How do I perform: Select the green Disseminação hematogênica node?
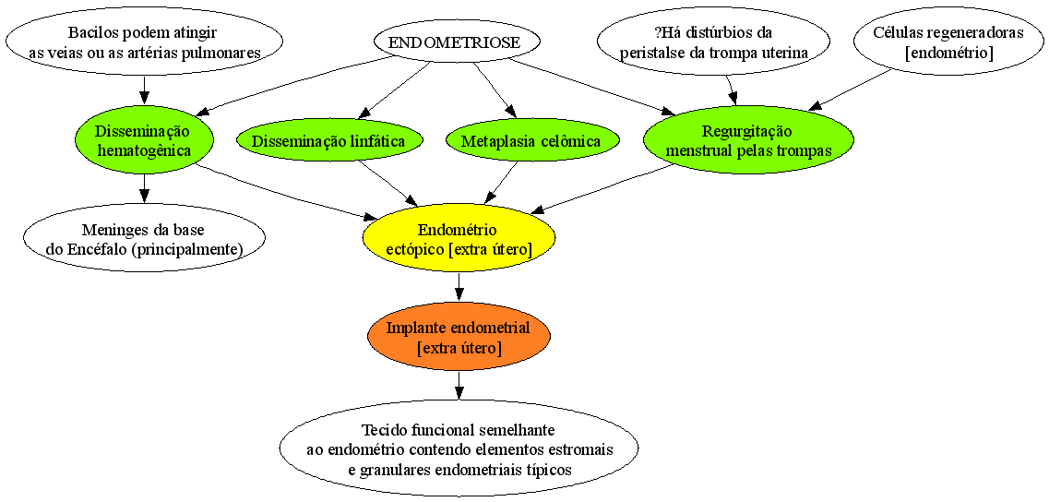[x=144, y=140]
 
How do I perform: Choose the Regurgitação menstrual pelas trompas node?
[x=748, y=140]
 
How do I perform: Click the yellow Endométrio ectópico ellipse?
[x=459, y=240]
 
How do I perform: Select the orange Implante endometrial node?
[x=459, y=338]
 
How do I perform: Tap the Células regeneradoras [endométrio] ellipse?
[x=948, y=43]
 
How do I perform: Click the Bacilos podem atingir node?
[x=144, y=42]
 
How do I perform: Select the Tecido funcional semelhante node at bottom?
[x=459, y=448]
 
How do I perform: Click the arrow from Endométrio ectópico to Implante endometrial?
[x=459, y=289]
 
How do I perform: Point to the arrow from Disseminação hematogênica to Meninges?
[x=144, y=190]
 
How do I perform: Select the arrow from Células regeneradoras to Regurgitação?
[x=851, y=90]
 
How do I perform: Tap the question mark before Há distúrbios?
[x=657, y=32]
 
